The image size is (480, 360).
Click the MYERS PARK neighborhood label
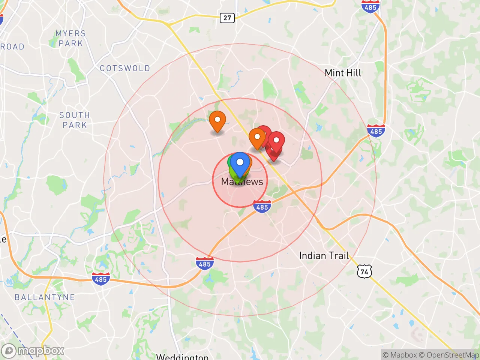(x=71, y=39)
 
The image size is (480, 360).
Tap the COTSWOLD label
(x=125, y=68)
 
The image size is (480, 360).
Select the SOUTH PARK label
(x=75, y=120)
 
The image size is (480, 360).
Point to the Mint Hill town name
(x=343, y=73)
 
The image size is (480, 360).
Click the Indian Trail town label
(x=324, y=256)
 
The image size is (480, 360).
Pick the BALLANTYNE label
(x=45, y=297)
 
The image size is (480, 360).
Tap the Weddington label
(x=182, y=356)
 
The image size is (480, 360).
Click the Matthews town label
(x=242, y=182)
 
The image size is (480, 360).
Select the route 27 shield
(x=227, y=18)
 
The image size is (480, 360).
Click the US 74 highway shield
(x=364, y=271)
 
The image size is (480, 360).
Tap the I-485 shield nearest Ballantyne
(x=101, y=279)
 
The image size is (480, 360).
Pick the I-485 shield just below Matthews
(x=262, y=207)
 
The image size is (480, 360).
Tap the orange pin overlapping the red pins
(x=257, y=138)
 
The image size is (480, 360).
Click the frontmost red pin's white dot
(x=276, y=140)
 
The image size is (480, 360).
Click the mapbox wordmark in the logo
(x=41, y=351)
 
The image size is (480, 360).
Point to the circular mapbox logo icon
(x=9, y=351)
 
